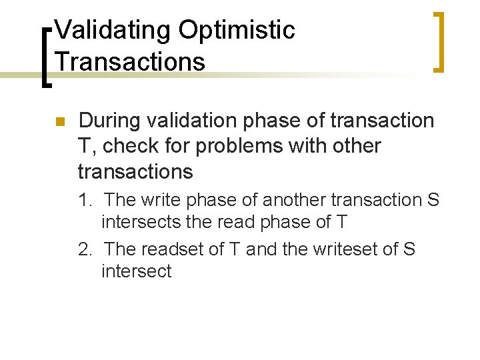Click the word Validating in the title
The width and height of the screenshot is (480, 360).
113,30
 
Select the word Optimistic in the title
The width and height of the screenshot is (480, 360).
236,30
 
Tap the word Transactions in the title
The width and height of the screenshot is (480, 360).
130,61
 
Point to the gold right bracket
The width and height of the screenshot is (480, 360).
439,41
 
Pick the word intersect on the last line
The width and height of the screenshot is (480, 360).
136,271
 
